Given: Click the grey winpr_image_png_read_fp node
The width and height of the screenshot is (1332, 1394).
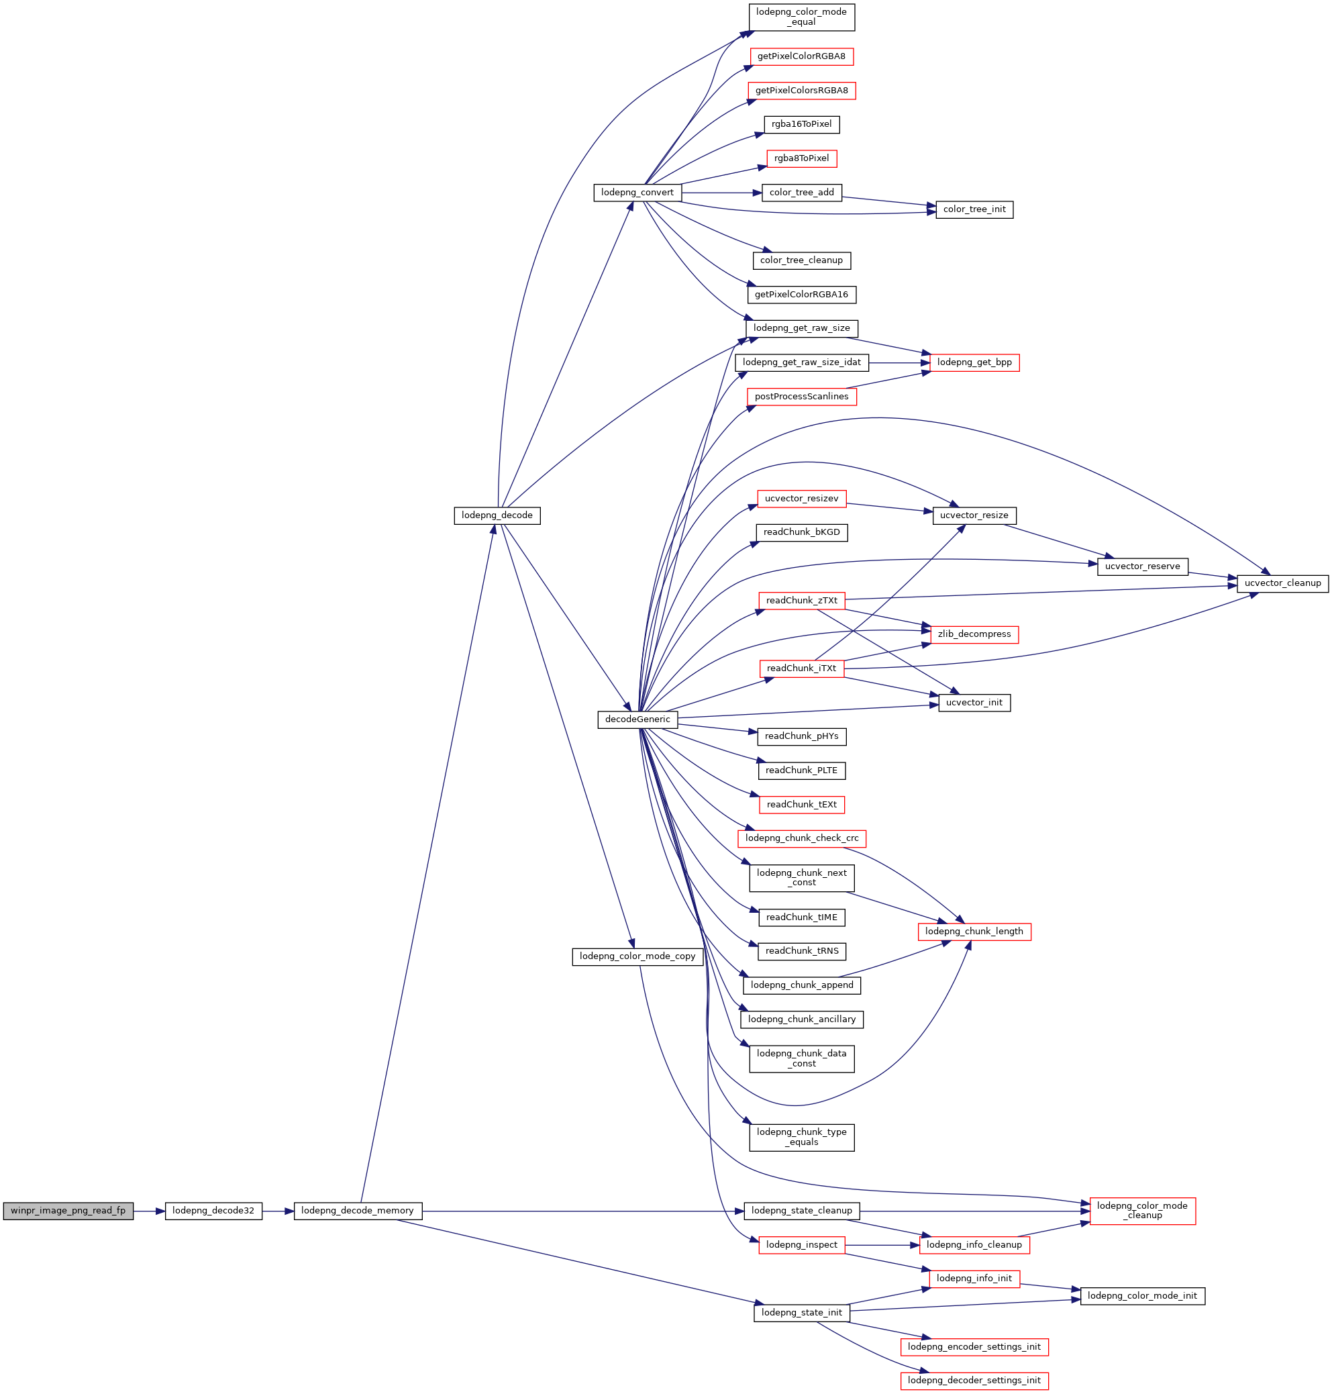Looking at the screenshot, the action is (68, 1211).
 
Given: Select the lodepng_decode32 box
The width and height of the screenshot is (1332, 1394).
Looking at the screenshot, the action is (213, 1211).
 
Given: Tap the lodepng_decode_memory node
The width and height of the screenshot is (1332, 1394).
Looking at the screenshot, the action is (358, 1211).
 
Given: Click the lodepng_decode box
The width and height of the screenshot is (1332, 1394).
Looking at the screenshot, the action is (497, 515).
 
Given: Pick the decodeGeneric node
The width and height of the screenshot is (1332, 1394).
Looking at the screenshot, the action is (637, 719).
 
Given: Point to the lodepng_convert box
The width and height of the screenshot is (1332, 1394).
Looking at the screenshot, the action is (637, 193).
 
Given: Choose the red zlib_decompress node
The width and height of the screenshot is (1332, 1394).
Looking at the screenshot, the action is (974, 634).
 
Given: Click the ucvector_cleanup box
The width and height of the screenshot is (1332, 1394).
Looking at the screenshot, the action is (1282, 583).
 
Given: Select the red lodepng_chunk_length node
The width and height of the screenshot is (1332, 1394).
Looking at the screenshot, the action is (974, 931).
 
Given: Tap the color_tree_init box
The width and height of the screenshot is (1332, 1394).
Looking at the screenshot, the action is (974, 209).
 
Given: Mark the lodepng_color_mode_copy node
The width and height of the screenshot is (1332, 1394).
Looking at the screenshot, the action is (637, 956).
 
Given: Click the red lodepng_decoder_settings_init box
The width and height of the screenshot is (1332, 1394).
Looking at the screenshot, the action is (974, 1381).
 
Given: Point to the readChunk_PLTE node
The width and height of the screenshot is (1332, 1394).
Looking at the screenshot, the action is (802, 770).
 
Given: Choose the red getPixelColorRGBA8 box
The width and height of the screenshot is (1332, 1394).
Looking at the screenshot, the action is (802, 56).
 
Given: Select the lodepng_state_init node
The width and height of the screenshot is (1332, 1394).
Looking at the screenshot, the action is (802, 1312).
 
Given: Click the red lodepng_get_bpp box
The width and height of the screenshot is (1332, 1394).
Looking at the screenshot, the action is (974, 362).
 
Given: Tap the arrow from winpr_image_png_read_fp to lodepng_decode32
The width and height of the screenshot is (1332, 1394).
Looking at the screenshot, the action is (149, 1211).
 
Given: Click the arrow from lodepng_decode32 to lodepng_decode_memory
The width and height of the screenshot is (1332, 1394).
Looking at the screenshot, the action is (278, 1211).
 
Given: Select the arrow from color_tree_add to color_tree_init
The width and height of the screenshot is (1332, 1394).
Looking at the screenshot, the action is (889, 201).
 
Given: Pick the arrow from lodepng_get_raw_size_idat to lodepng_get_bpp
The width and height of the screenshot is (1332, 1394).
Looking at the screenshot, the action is (899, 362).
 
